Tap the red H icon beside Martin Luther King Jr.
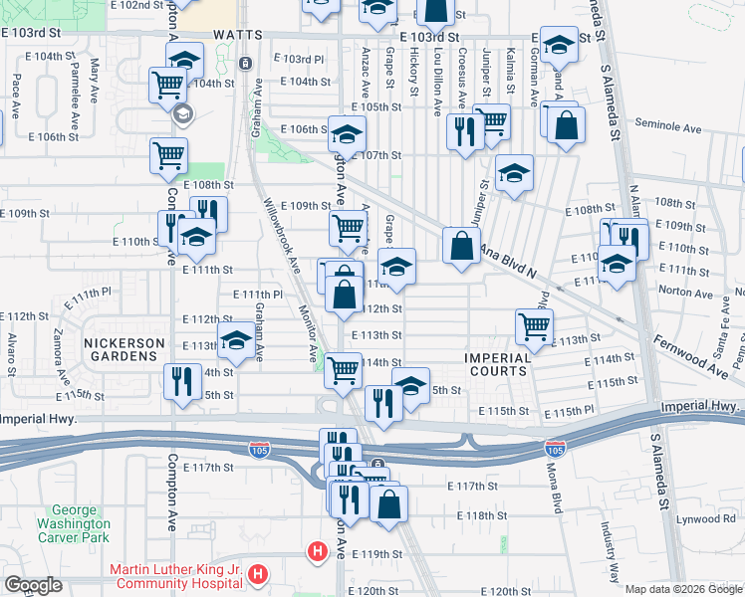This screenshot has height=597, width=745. [259, 574]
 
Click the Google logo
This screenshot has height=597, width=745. [33, 585]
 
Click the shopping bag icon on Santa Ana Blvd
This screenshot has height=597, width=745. [461, 246]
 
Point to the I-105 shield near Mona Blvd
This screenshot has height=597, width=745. [554, 450]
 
